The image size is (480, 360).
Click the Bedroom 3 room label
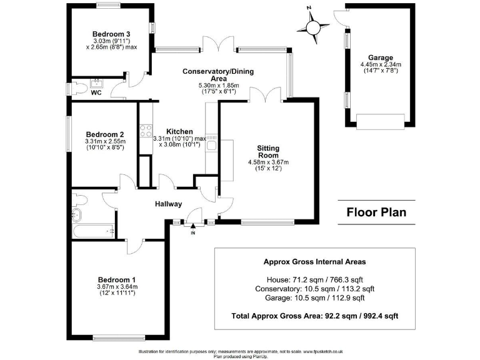(x=111, y=34)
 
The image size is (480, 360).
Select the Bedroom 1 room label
(x=117, y=279)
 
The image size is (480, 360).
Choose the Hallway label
(x=169, y=204)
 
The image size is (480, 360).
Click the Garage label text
(x=380, y=56)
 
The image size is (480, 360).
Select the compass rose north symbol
(x=312, y=26)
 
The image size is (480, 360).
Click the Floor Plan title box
(x=376, y=212)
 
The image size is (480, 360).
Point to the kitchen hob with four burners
(x=146, y=132)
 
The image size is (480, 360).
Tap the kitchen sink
(x=212, y=145)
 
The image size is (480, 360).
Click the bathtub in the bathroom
(x=93, y=231)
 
